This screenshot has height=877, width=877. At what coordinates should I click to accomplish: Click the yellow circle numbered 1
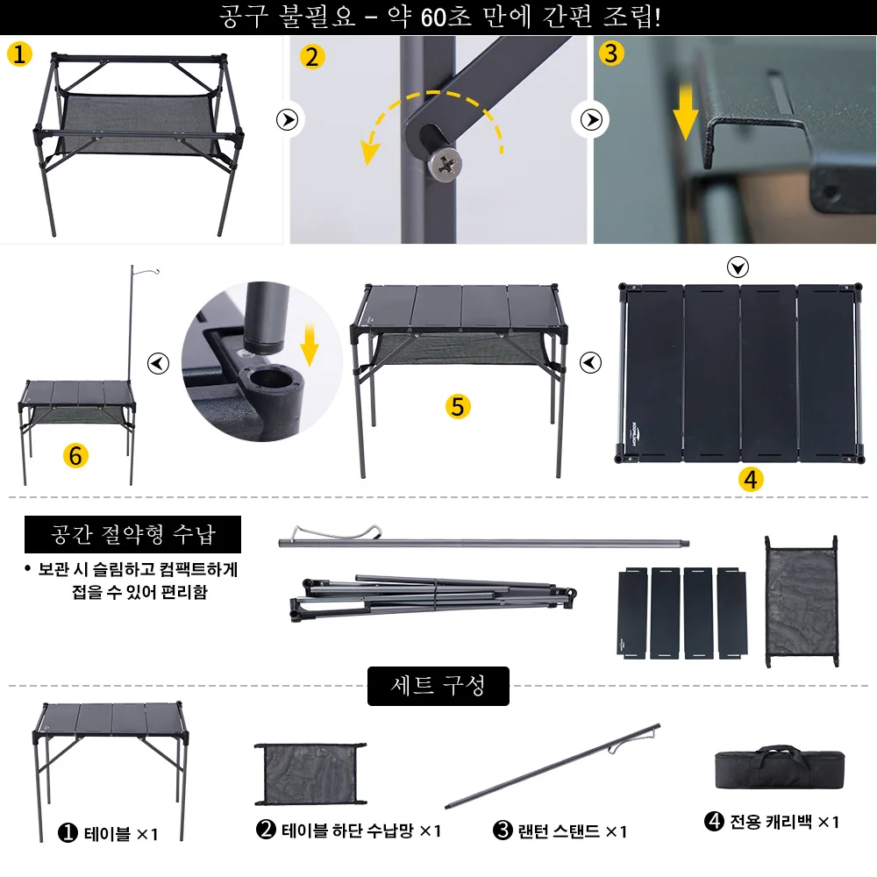pos(19,54)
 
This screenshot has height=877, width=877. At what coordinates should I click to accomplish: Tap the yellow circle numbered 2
pos(311,58)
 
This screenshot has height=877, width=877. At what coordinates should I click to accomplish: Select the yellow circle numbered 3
pos(611,53)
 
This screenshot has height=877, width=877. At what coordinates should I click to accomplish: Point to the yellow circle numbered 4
pos(752,479)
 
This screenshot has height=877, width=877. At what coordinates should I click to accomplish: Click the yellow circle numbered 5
pos(458,406)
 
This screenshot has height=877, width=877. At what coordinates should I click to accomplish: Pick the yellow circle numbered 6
pos(76,456)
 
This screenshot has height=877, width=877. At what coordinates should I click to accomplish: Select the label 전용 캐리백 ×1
pos(772,822)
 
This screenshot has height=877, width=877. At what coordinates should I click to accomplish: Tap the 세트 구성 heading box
pos(438,685)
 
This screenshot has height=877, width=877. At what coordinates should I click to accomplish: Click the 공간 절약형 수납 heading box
pos(132,534)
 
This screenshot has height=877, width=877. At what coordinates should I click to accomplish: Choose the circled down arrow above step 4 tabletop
pos(738,267)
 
